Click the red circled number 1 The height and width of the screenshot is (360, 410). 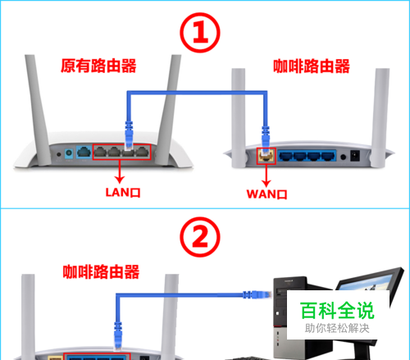[x=200, y=33]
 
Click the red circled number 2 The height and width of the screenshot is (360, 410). [x=200, y=237]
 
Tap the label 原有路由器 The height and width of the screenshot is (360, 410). [x=98, y=66]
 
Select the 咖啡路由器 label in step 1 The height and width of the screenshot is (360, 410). [x=312, y=66]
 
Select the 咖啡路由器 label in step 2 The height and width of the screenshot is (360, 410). [x=101, y=271]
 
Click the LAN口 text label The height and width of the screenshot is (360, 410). [x=123, y=193]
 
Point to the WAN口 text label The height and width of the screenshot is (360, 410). [x=266, y=194]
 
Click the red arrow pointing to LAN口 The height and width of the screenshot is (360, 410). [x=120, y=171]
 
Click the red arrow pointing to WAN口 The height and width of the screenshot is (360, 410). [x=266, y=175]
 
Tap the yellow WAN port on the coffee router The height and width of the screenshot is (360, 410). [x=266, y=156]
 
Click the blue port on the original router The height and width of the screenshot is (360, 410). [x=84, y=152]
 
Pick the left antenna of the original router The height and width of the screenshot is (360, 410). [x=37, y=110]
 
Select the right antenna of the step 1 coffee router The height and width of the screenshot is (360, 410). [x=380, y=118]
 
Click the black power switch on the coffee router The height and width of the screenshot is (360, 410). [x=355, y=156]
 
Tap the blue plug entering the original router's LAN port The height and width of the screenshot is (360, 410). [x=129, y=134]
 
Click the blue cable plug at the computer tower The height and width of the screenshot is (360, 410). [x=257, y=294]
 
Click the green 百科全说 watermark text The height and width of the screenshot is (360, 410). [x=337, y=311]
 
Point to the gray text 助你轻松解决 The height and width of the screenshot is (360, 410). [x=337, y=328]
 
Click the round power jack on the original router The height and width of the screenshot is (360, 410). [x=69, y=153]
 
